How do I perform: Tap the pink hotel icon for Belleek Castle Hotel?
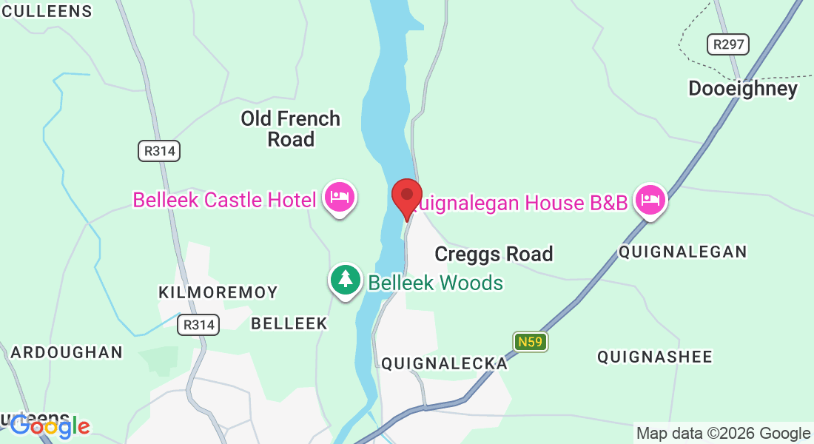click(340, 198)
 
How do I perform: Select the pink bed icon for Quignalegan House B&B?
click(650, 200)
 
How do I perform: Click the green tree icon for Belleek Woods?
click(345, 280)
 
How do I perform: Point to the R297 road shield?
click(727, 44)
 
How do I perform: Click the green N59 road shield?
click(531, 341)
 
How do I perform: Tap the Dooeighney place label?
click(743, 89)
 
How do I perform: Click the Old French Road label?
click(291, 129)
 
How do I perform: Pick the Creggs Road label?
click(494, 254)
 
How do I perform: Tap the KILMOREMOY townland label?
click(218, 292)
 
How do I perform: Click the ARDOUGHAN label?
click(67, 352)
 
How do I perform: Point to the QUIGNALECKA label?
click(445, 363)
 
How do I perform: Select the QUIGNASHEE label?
click(655, 357)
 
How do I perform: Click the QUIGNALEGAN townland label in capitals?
click(683, 252)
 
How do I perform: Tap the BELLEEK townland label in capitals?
click(289, 323)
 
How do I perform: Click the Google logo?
click(50, 425)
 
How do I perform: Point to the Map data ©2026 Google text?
click(723, 434)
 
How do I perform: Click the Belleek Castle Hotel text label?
click(225, 199)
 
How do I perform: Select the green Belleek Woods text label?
click(436, 283)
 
